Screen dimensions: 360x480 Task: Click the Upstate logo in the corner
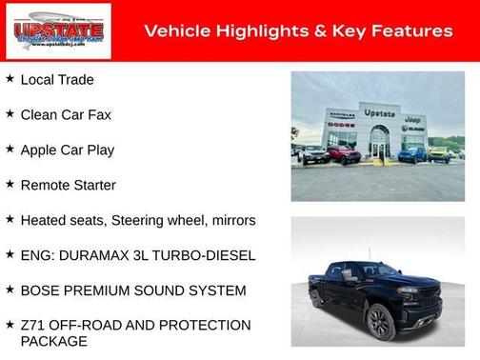pos(58,31)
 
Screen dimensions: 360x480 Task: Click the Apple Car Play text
pos(68,150)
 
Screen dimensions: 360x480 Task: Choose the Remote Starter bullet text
pos(69,185)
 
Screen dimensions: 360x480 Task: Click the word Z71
pos(33,326)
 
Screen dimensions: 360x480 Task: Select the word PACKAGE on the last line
pos(53,341)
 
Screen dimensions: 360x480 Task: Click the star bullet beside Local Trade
pos(10,79)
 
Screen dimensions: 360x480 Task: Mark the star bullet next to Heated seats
pos(10,219)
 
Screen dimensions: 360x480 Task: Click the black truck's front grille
pos(430,302)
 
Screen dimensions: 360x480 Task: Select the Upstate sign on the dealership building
pos(379,113)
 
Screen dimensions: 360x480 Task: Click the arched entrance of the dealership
pos(379,142)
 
